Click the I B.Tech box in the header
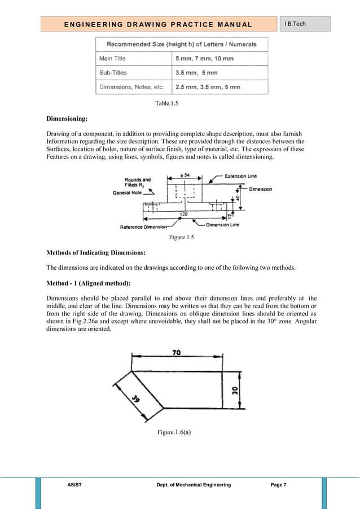305,24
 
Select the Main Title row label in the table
113,58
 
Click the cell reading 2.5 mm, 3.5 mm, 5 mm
208,87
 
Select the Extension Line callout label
244,176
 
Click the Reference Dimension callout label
143,227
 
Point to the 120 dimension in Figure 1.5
183,214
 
